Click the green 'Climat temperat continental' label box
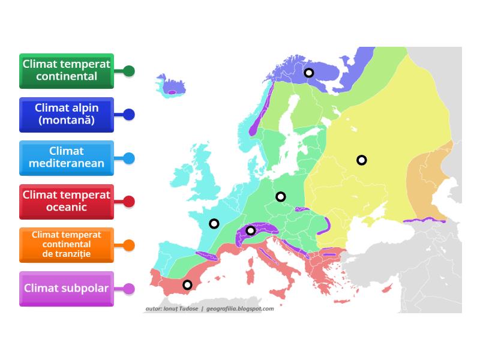[66, 70]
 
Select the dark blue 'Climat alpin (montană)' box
[66, 114]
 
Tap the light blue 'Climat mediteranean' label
[66, 157]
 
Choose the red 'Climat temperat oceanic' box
[66, 201]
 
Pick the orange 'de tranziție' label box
[66, 245]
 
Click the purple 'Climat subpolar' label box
[66, 289]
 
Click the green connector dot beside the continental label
[128, 71]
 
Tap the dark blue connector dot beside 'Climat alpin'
[128, 114]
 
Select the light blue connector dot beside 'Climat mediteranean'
[128, 158]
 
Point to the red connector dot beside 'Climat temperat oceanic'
[128, 202]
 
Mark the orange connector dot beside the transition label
[128, 245]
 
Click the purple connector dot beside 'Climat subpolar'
[128, 289]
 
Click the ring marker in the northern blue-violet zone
[308, 73]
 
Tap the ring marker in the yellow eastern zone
[361, 160]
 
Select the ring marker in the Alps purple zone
[251, 230]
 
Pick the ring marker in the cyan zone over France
[214, 224]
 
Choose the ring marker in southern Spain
[187, 285]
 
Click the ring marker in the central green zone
[280, 196]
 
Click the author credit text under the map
[209, 309]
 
